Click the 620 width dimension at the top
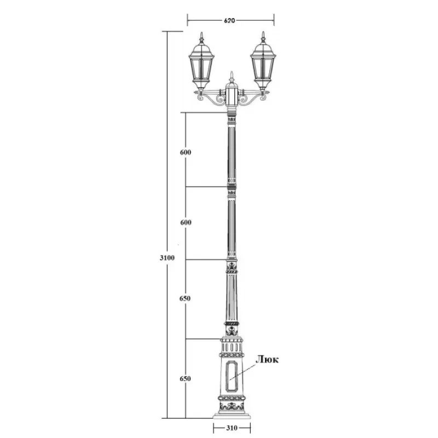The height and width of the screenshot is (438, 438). point(229,20)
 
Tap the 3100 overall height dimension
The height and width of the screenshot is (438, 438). point(167,258)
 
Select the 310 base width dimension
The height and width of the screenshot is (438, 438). point(232,428)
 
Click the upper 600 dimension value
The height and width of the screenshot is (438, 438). point(186,152)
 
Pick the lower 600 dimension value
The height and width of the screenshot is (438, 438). point(186,222)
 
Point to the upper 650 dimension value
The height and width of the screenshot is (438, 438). point(185,298)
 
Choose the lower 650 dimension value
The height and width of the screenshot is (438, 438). point(185,378)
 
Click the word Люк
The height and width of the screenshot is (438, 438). point(267,360)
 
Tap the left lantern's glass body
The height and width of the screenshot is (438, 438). point(201,68)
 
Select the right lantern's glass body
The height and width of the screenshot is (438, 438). point(263,68)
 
